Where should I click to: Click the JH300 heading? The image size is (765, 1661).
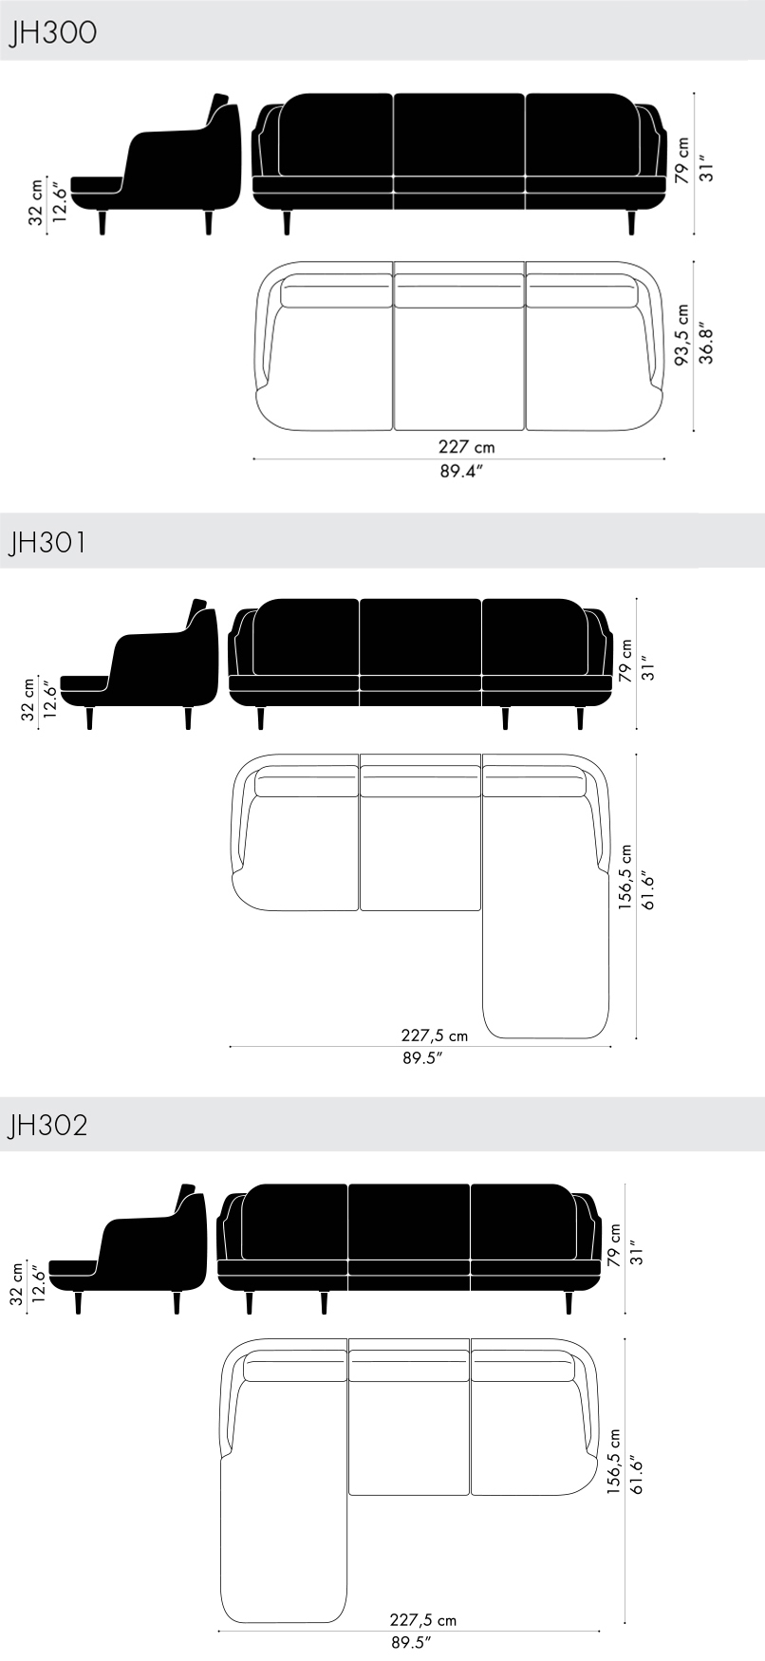click(51, 33)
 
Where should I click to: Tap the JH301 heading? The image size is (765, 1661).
click(47, 543)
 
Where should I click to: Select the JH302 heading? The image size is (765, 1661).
click(47, 1125)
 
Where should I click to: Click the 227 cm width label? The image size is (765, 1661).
click(466, 446)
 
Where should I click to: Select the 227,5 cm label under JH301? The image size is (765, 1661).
click(435, 1036)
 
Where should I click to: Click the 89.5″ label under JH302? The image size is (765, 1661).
click(411, 1641)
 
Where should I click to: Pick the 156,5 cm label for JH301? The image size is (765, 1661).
click(625, 878)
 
